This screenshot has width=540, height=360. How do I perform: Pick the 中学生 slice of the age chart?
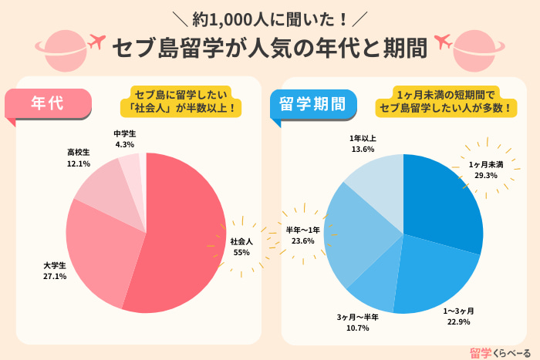tap(130, 166)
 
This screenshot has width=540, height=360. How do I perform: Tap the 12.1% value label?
tap(79, 163)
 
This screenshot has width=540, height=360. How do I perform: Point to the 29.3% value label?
tap(486, 176)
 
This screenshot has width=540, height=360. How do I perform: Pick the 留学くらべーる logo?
tap(499, 352)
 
